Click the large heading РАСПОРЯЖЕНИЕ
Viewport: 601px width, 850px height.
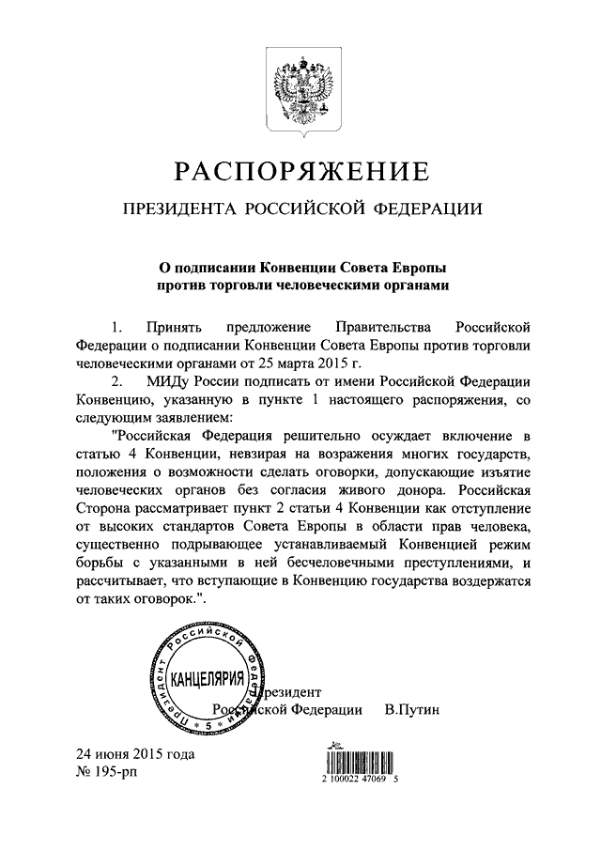click(300, 172)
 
